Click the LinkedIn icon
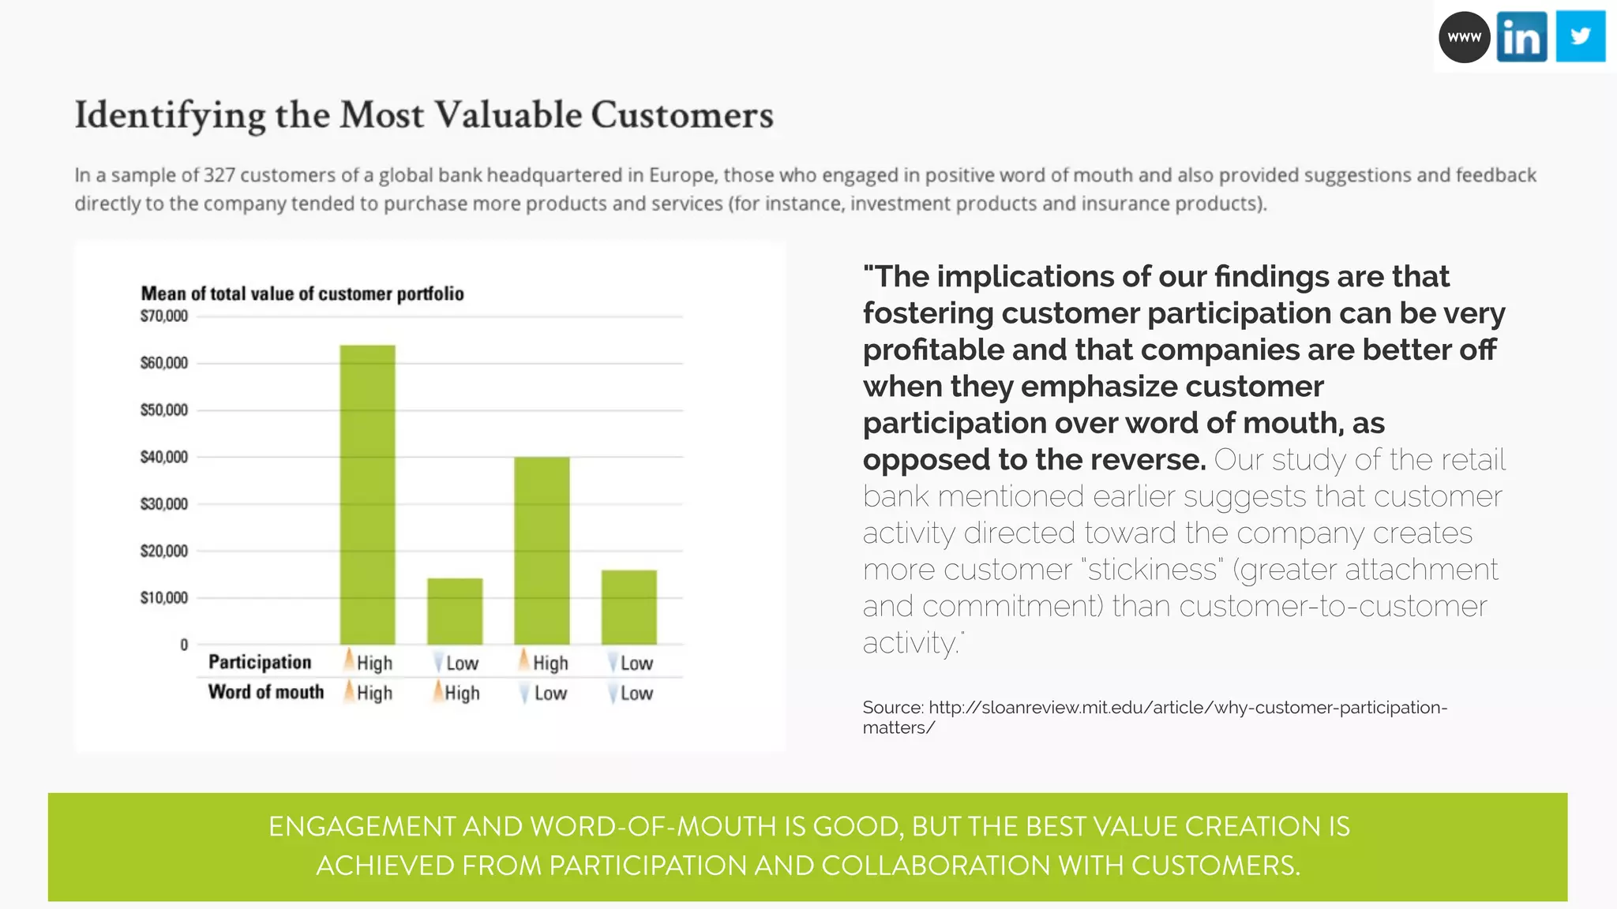(x=1521, y=37)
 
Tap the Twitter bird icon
(x=1580, y=36)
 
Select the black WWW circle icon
(x=1464, y=37)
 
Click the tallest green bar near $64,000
(x=367, y=495)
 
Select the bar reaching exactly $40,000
(x=542, y=550)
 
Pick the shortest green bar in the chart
(x=455, y=612)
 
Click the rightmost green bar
(x=628, y=607)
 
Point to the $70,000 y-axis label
(x=164, y=316)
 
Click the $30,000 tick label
(x=164, y=504)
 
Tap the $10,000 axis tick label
(x=164, y=598)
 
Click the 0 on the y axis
(x=184, y=645)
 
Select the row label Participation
(x=260, y=662)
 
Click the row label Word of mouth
(x=266, y=692)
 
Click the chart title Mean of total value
(x=302, y=294)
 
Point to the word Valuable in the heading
(x=508, y=115)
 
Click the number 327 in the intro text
(x=219, y=175)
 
